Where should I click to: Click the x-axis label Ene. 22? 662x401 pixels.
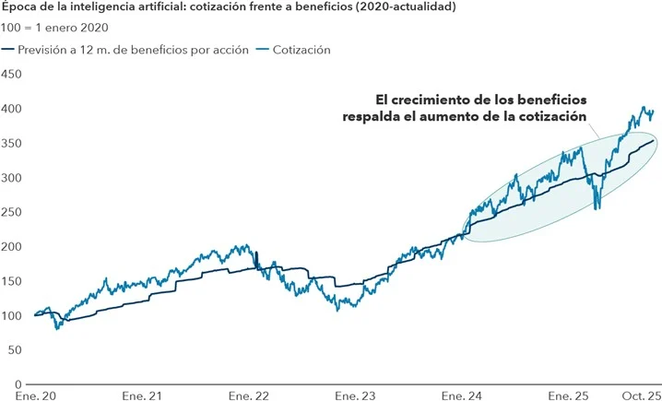click(x=250, y=395)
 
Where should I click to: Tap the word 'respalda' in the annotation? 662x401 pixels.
click(x=367, y=117)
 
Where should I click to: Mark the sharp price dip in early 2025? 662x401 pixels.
click(x=597, y=206)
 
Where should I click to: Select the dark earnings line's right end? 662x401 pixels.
click(x=654, y=140)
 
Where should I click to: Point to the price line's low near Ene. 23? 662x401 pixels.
click(x=338, y=309)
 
